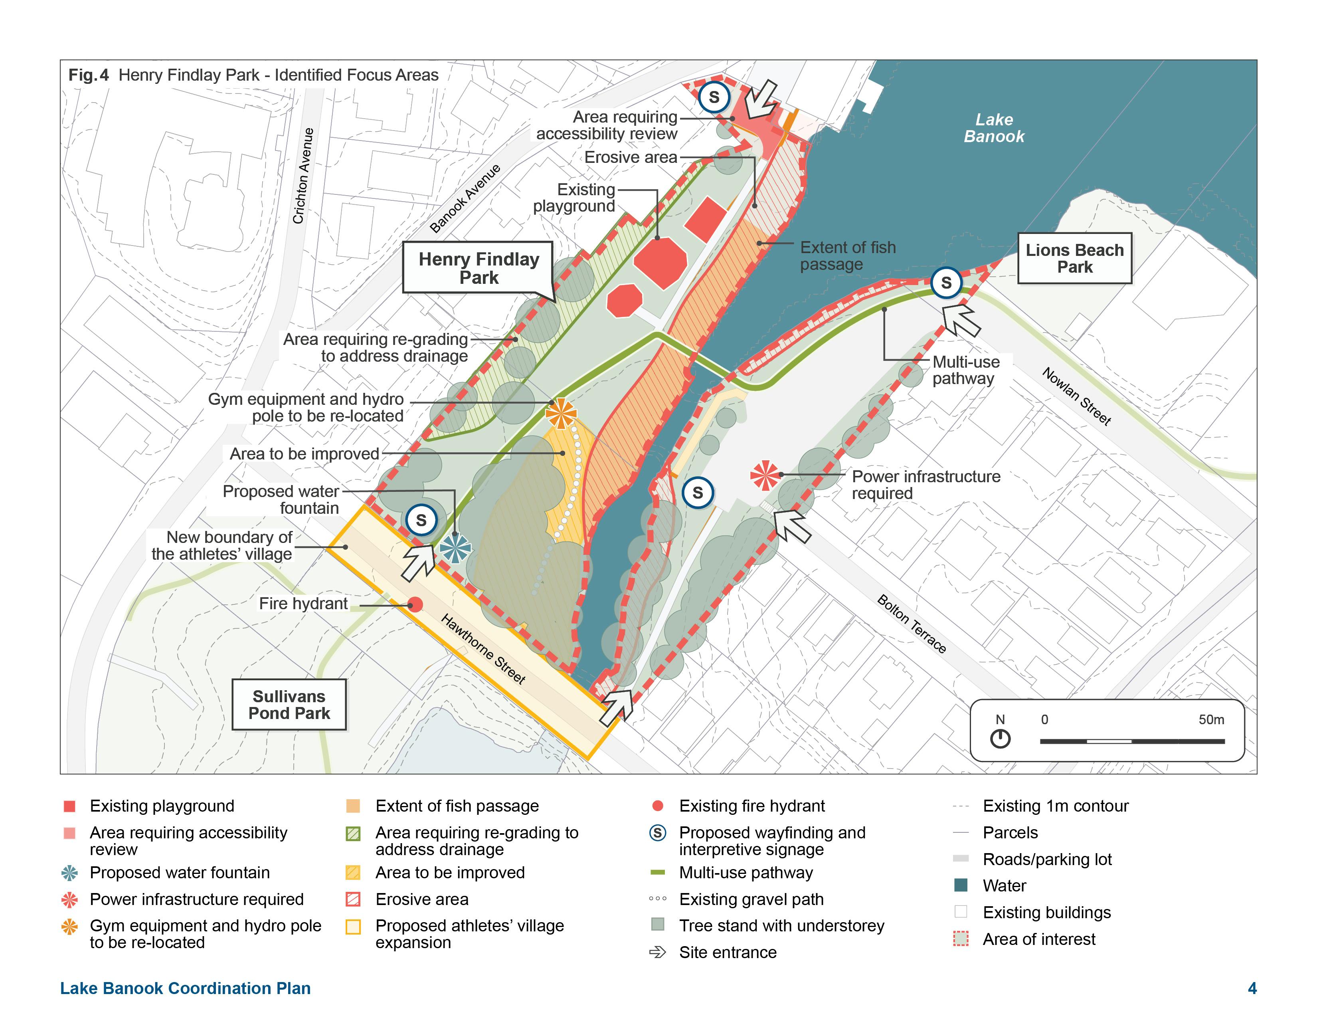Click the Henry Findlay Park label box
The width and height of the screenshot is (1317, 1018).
coord(478,268)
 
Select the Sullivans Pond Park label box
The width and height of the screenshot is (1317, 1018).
coord(289,704)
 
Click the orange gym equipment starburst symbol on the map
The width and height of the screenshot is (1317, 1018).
coord(561,413)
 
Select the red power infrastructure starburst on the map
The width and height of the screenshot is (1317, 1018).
coord(765,475)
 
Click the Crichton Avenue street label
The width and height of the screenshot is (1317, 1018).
coord(303,176)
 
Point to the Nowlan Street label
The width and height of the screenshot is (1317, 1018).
coord(1076,396)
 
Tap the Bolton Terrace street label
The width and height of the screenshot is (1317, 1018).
coord(911,624)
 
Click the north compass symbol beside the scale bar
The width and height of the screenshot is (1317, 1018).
coord(1000,738)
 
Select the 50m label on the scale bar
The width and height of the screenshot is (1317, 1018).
coord(1211,719)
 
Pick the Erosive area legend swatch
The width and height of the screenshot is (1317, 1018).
coord(353,899)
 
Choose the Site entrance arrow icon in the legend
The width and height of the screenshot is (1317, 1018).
coord(657,952)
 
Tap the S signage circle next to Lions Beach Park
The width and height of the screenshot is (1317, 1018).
coord(945,282)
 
